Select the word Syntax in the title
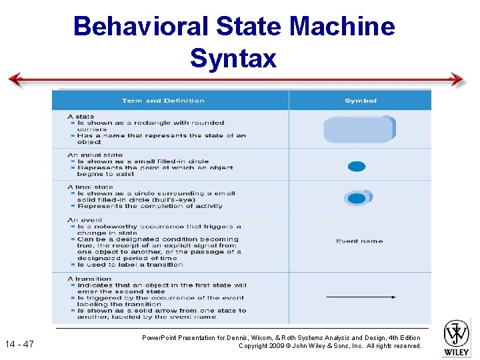tap(233, 58)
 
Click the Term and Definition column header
tap(163, 101)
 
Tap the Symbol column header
tap(361, 101)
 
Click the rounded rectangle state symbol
tap(359, 129)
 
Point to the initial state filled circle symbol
tap(357, 167)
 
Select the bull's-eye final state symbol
tap(357, 198)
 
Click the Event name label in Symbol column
tap(359, 241)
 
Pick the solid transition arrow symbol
tap(361, 297)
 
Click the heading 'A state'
tap(81, 117)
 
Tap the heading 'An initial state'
tap(95, 155)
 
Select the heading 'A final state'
tap(91, 187)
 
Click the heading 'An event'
tap(85, 220)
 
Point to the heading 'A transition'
tap(89, 279)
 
